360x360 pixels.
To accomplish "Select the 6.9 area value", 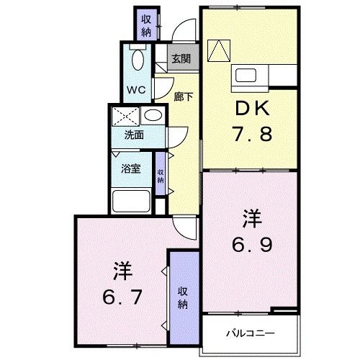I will [x=251, y=246].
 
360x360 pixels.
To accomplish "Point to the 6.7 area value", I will [x=122, y=295].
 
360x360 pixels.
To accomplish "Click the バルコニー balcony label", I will [x=248, y=333].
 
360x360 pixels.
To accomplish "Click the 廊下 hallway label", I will [x=184, y=96].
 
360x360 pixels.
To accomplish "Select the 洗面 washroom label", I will [x=132, y=134].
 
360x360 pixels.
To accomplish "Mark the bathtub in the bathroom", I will [x=132, y=201].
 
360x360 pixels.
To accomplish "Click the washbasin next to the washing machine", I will [x=152, y=116].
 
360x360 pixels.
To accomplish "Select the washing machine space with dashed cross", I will [x=125, y=115].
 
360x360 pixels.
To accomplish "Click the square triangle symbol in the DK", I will [x=217, y=49].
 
